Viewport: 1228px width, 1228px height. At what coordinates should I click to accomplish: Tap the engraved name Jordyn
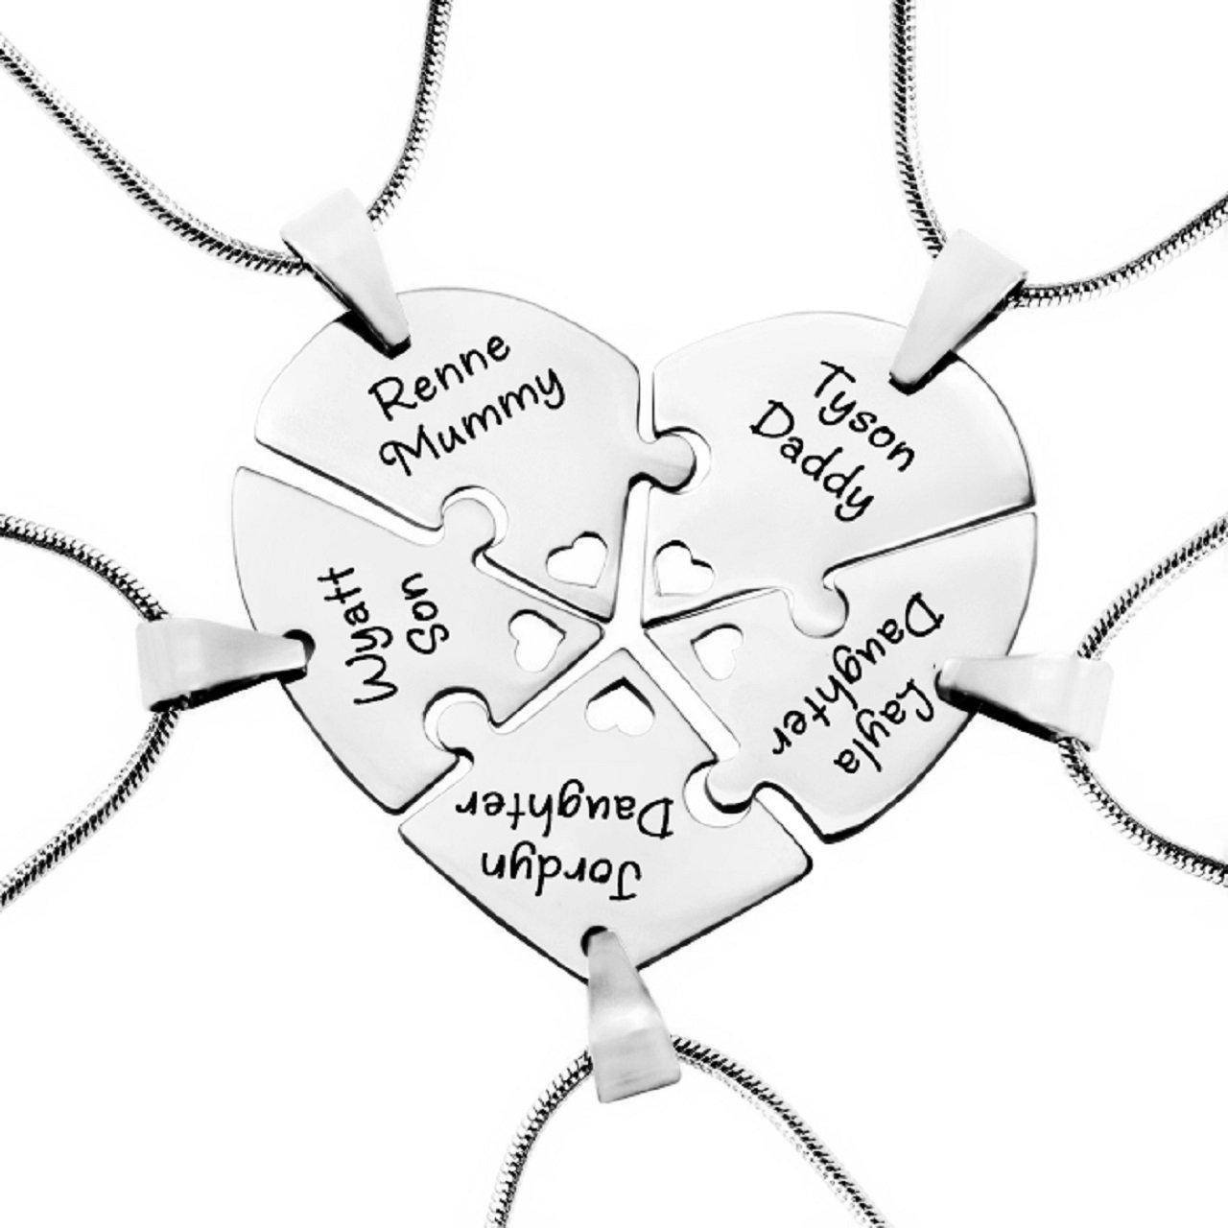click(561, 853)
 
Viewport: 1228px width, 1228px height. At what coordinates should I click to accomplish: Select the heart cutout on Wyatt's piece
click(531, 633)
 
